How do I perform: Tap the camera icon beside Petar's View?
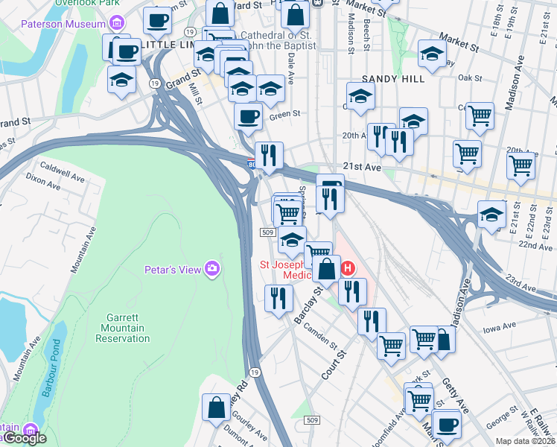[x=212, y=268]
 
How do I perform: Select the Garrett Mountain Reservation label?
[x=123, y=329]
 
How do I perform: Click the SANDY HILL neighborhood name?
[x=393, y=78]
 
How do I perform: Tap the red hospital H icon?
[x=346, y=267]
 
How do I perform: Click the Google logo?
[x=25, y=438]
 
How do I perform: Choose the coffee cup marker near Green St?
[x=248, y=116]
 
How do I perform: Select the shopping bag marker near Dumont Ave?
[x=216, y=408]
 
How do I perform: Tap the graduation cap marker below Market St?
[x=432, y=53]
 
